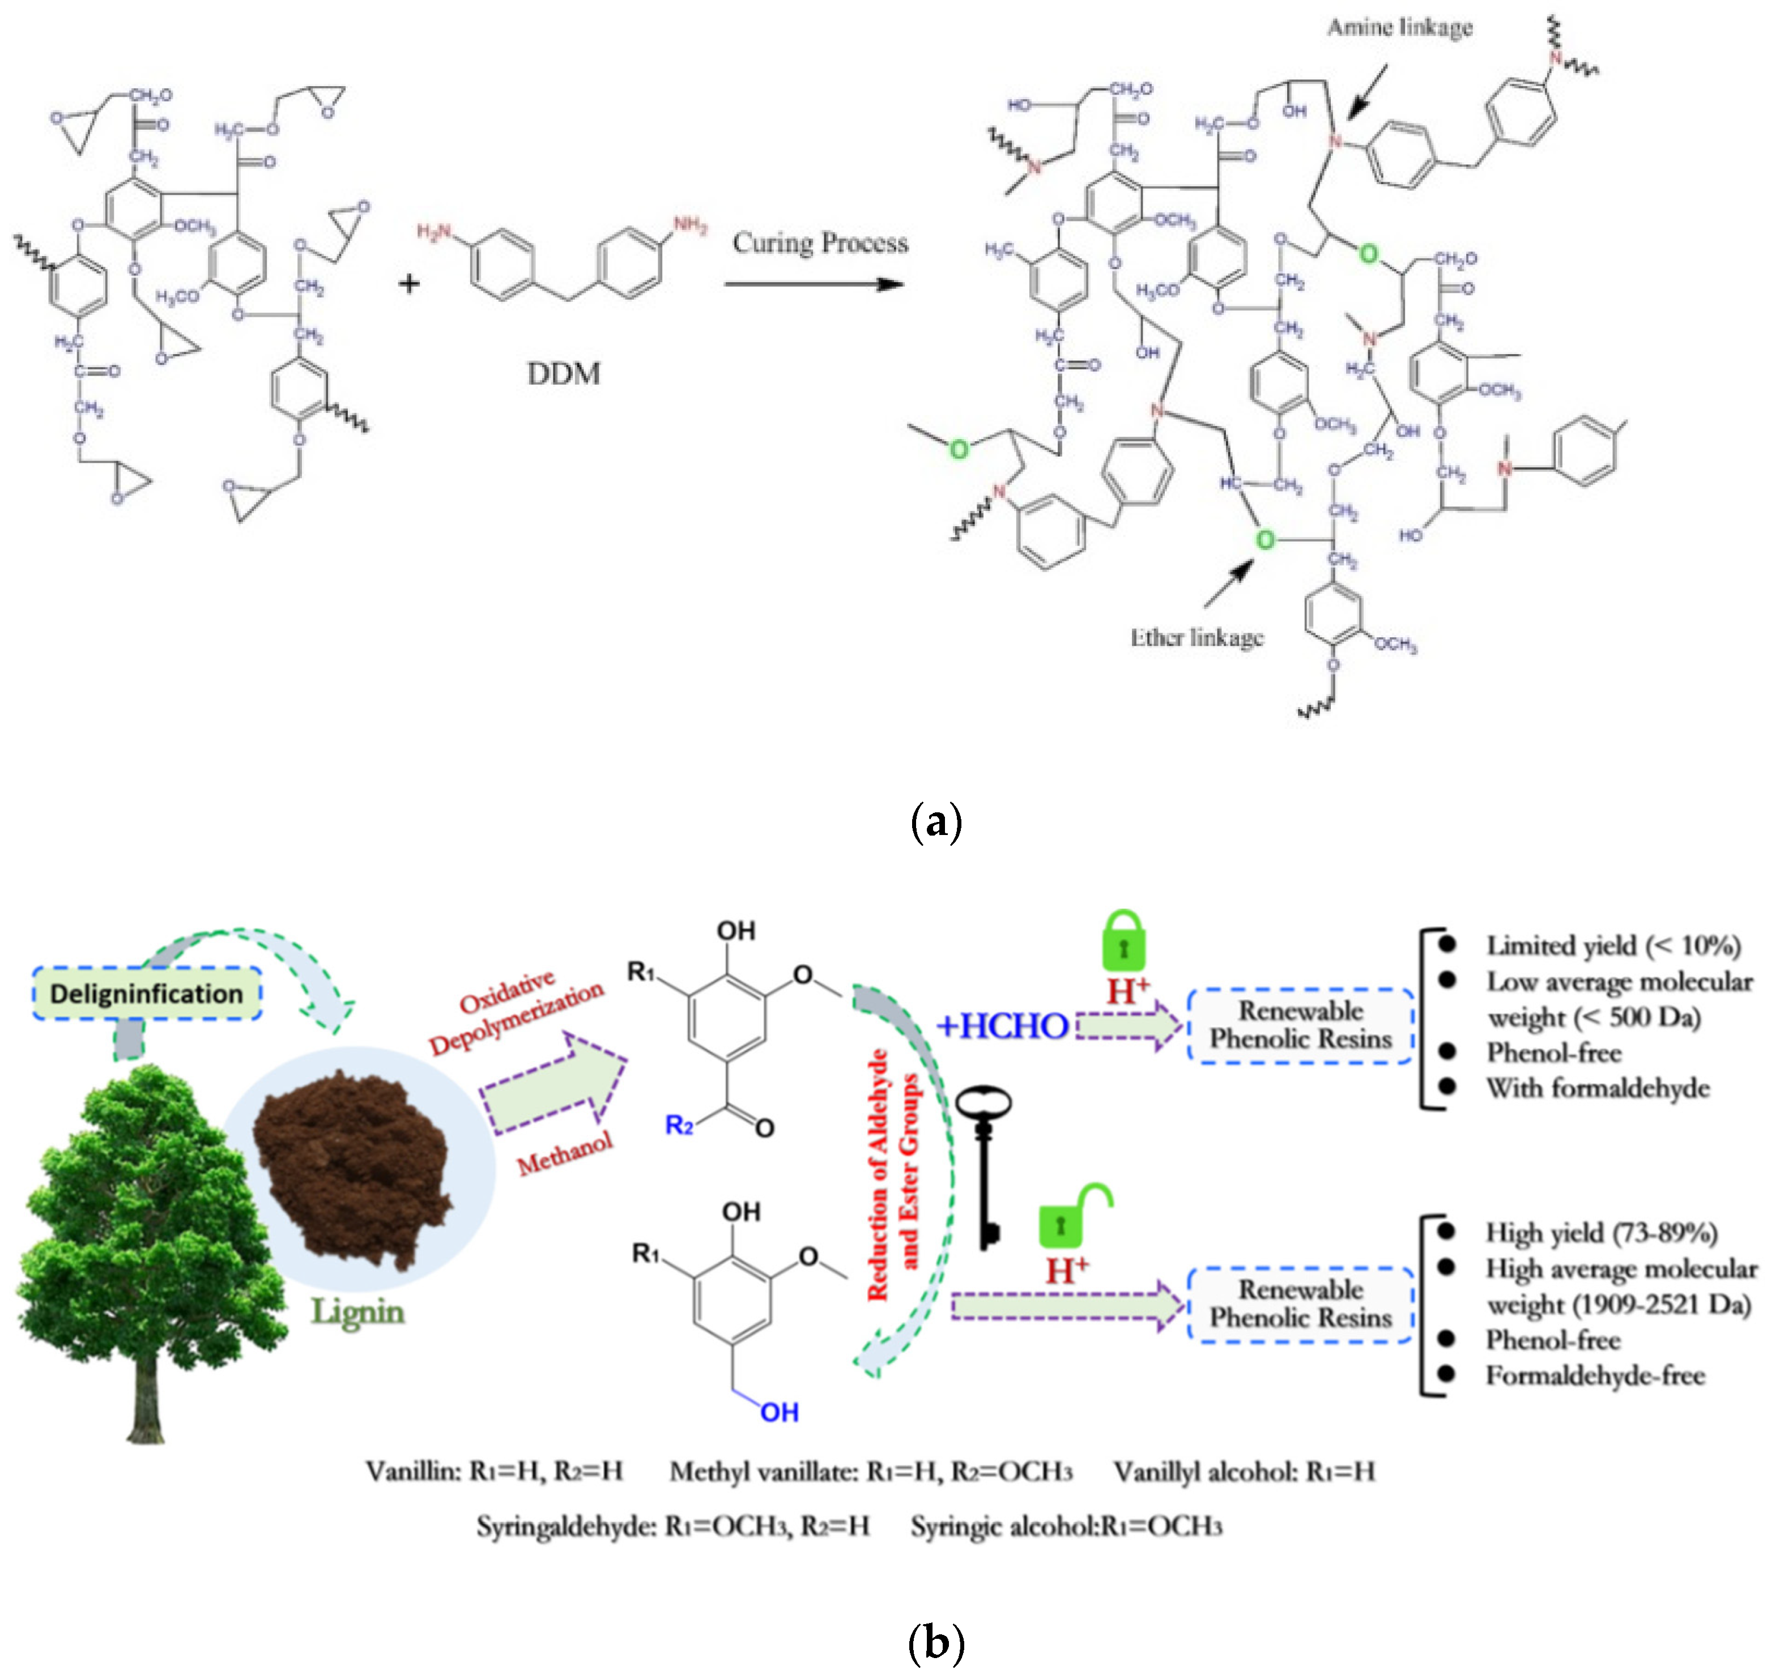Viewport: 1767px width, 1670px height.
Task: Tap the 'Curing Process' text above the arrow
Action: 820,243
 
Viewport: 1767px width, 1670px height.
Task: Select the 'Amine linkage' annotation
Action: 1399,28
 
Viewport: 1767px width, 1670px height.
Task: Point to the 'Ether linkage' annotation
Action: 1197,637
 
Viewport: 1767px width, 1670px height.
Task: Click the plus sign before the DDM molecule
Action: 408,284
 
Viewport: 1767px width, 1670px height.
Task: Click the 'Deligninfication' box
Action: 147,994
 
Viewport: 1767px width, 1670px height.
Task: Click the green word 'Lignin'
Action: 357,1312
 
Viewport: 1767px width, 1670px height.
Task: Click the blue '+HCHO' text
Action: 1002,1026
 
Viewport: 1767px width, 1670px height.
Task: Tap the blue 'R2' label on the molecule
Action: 679,1126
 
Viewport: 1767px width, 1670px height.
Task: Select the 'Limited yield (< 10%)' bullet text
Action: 1613,945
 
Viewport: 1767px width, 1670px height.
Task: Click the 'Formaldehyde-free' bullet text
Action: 1594,1376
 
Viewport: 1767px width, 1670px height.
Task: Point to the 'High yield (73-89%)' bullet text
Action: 1600,1233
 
